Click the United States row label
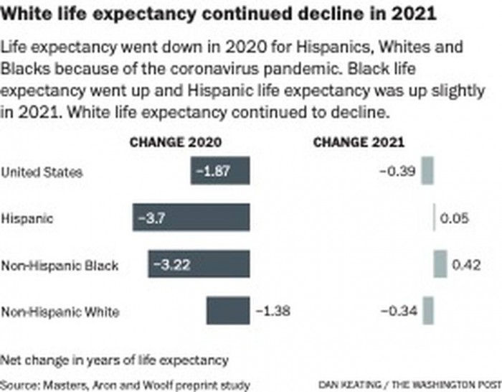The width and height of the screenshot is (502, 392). pyautogui.click(x=42, y=172)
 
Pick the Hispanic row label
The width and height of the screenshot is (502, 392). pyautogui.click(x=27, y=218)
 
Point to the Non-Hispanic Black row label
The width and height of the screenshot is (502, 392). pyautogui.click(x=60, y=265)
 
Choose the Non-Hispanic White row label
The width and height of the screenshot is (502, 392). pyautogui.click(x=60, y=312)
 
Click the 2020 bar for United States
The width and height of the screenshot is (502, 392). pyautogui.click(x=221, y=172)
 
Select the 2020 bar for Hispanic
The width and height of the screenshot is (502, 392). pyautogui.click(x=191, y=218)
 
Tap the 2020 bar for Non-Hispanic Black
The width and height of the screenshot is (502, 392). pyautogui.click(x=199, y=265)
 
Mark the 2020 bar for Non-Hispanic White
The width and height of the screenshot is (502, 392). pyautogui.click(x=228, y=312)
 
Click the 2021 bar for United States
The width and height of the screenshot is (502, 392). pyautogui.click(x=427, y=172)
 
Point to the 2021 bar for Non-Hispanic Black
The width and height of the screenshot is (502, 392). pyautogui.click(x=440, y=265)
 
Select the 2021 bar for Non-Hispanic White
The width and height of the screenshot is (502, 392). pyautogui.click(x=428, y=312)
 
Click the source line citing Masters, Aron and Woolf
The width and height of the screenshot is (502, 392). pyautogui.click(x=126, y=385)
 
